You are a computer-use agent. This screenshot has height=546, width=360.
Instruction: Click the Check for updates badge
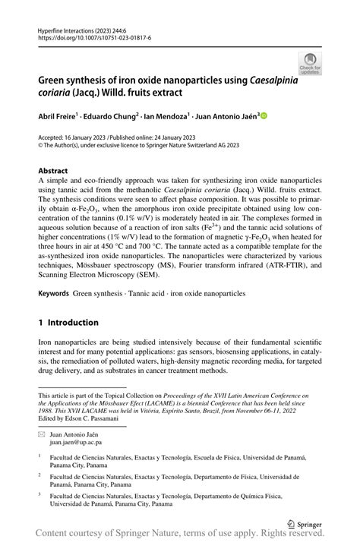(310, 64)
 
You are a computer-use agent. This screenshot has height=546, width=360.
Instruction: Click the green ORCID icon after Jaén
(264, 116)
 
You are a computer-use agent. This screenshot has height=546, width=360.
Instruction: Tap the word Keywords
(54, 292)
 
